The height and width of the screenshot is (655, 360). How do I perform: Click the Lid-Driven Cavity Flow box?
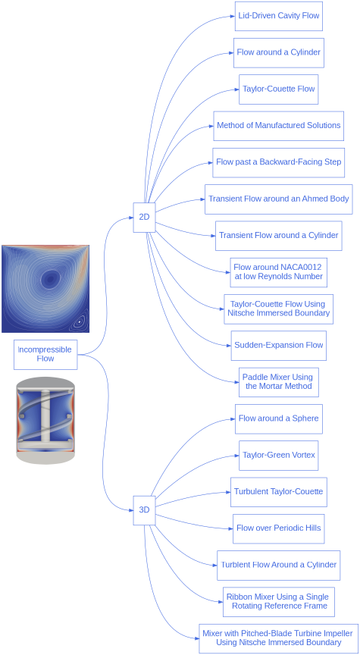click(x=279, y=16)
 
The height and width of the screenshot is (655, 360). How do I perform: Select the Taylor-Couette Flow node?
click(x=279, y=89)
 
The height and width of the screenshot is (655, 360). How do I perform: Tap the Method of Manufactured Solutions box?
click(x=279, y=126)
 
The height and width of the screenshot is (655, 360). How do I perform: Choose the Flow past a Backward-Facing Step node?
click(x=279, y=162)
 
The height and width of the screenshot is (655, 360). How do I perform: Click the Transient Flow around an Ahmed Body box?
click(x=278, y=199)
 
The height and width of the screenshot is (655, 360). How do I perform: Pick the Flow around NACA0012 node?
click(x=278, y=272)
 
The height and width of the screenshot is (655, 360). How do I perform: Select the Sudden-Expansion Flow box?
click(x=278, y=345)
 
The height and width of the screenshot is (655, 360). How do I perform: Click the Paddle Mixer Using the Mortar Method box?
click(x=277, y=381)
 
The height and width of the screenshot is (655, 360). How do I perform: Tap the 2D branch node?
click(x=144, y=217)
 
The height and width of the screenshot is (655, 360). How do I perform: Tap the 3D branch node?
click(x=144, y=510)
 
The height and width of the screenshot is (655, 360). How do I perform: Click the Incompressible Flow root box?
click(x=45, y=354)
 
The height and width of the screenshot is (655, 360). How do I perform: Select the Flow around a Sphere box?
click(x=278, y=418)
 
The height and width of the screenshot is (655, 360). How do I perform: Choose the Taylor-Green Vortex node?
click(x=278, y=456)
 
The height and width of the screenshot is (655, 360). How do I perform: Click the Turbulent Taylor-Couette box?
click(x=278, y=492)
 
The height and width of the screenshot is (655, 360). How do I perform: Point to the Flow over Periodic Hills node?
click(x=278, y=528)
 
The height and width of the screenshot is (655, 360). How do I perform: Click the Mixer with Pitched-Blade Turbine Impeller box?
click(x=277, y=638)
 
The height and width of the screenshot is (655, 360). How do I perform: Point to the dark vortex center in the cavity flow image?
click(x=50, y=280)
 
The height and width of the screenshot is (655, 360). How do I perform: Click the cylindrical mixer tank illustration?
click(x=45, y=421)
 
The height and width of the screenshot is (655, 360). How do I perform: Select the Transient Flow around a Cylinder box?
click(x=278, y=236)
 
